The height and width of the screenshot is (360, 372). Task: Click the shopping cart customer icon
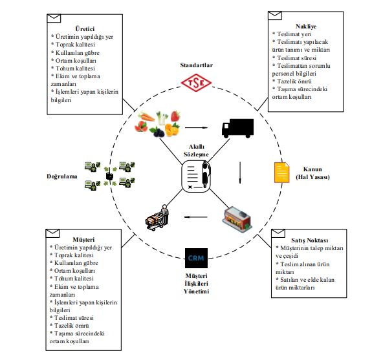coord(159,218)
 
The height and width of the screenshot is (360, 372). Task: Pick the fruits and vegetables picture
coord(160,124)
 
